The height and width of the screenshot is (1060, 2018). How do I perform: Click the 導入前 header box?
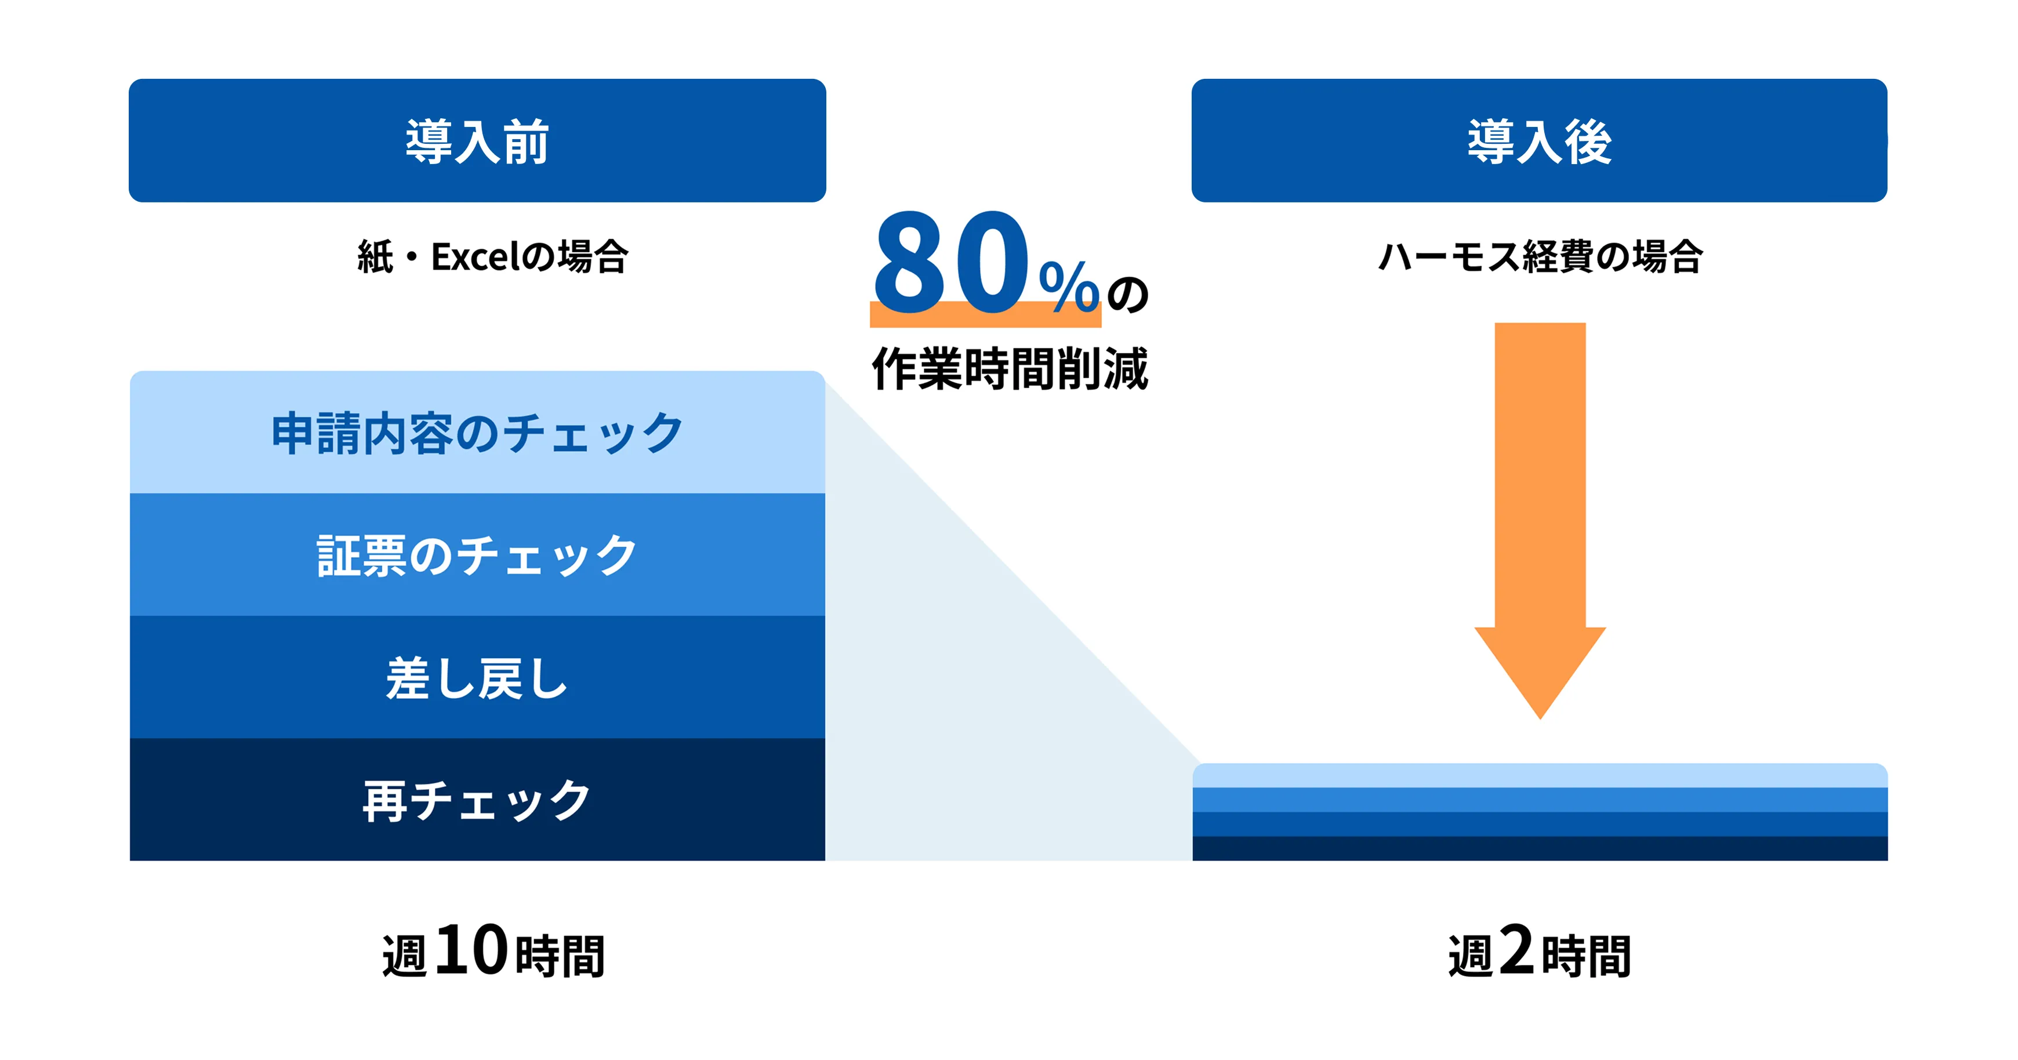pos(477,140)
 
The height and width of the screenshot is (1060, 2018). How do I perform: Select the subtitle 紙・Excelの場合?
pos(493,257)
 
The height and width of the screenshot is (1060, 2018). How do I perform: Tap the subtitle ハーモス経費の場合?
pos(1540,257)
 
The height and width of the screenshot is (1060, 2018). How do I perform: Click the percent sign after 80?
pos(1069,286)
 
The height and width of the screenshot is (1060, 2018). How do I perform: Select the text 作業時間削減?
pos(1010,368)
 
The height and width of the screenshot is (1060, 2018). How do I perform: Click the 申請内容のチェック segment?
pos(477,433)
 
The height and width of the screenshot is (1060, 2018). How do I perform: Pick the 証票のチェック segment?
pos(477,555)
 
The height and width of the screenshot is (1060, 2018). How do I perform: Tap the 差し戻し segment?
pos(477,678)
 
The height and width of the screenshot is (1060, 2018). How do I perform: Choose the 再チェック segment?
pos(477,800)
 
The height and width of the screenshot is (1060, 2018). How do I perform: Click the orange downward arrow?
pos(1540,486)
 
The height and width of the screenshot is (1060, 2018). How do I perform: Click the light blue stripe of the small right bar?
pos(1540,776)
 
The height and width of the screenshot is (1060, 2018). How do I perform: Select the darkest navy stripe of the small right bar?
pos(1540,848)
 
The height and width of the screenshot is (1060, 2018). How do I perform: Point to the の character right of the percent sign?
pos(1128,294)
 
